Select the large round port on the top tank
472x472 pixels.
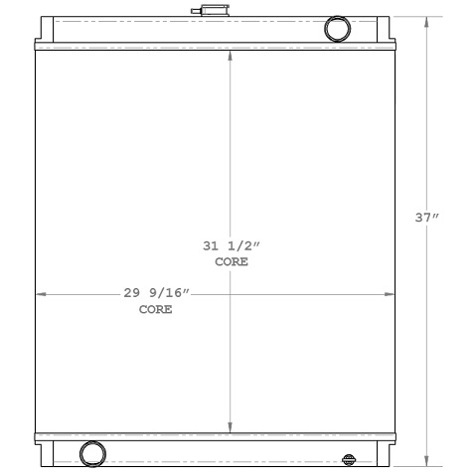click(x=338, y=28)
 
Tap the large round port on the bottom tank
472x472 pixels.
click(x=92, y=453)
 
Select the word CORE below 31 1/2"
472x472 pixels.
click(x=231, y=262)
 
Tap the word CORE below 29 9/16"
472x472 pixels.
click(x=155, y=309)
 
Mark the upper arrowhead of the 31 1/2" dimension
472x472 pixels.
click(x=231, y=55)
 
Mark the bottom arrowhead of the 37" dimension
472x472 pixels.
click(x=427, y=461)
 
